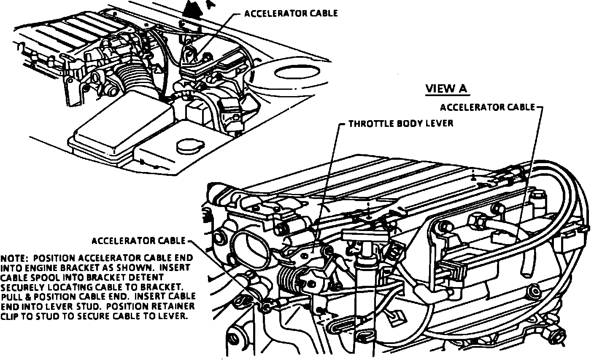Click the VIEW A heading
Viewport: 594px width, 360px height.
447,89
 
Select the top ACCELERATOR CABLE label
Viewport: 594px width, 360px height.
291,13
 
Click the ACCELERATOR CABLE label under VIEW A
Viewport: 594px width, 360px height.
487,107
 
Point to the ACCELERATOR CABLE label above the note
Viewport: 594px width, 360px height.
138,241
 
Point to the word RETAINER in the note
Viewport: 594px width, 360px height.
177,306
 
